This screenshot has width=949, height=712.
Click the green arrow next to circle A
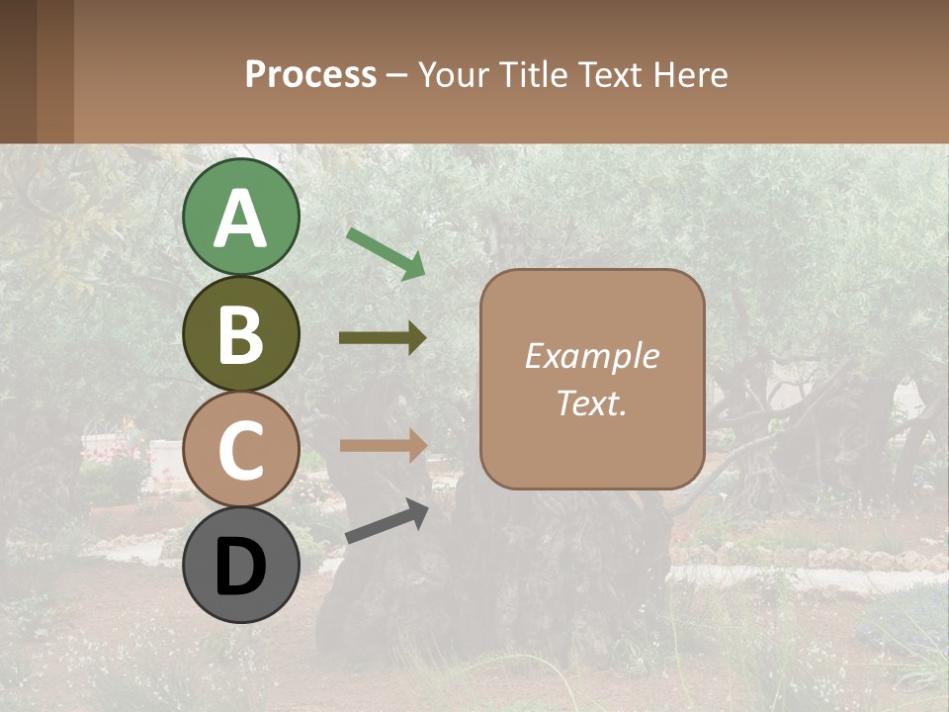coord(386,252)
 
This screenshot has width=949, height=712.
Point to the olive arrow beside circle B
coord(383,338)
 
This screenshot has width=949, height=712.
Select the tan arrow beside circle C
coord(383,445)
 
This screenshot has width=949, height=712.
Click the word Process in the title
coord(310,74)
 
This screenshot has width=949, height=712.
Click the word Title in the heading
coord(534,74)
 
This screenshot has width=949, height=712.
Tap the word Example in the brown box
coord(591,356)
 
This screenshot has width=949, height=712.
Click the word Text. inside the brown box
coord(591,402)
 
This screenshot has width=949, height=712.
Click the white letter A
coord(241,220)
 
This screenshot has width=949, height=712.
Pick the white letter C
coord(241,451)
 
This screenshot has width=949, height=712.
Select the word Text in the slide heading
coord(609,74)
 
